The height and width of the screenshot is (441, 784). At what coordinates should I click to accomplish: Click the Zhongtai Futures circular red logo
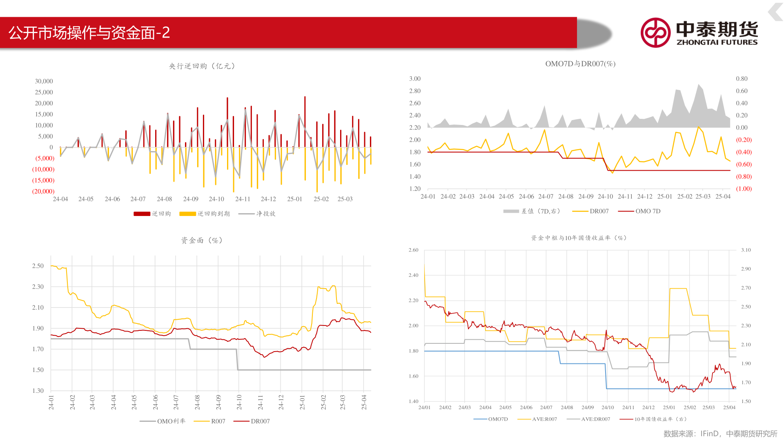655,33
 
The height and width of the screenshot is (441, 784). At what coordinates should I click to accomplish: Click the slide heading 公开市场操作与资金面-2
89,33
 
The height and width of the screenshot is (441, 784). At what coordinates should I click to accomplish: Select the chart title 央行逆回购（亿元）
202,66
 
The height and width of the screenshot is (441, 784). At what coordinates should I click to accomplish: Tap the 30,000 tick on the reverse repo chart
44,81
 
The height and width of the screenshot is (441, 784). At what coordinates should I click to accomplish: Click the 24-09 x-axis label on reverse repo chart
191,199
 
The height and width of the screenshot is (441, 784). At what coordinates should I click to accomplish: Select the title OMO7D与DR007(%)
580,64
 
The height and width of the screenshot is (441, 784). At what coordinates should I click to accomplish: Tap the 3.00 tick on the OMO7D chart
415,79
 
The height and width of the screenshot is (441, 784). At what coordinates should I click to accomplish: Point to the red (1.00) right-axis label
744,189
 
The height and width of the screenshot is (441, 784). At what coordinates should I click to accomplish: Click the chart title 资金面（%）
202,241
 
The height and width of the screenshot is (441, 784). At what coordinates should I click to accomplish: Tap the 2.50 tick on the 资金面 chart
38,266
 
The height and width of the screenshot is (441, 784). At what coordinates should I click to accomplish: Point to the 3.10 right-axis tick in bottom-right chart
746,250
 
